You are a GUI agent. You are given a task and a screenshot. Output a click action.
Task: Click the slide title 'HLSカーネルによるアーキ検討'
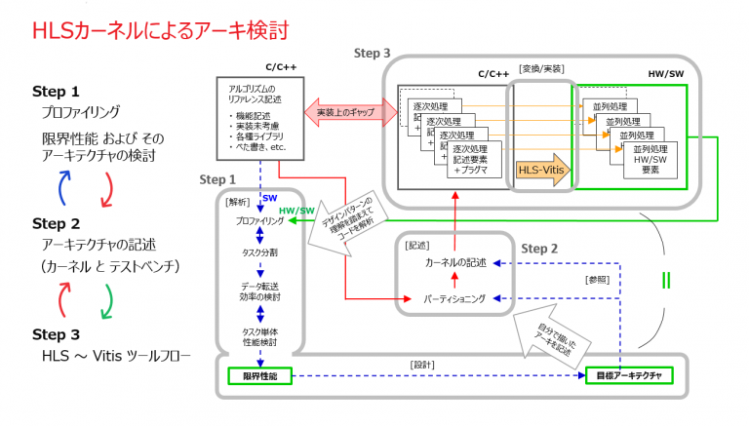[160, 31]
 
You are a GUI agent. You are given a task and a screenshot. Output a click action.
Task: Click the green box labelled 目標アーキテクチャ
[629, 376]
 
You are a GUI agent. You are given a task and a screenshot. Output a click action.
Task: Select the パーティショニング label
[453, 298]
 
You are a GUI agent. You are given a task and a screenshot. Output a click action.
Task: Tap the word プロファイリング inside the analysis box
[258, 221]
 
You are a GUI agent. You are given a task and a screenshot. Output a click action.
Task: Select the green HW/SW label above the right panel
[666, 73]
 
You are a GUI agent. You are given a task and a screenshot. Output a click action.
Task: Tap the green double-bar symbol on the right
[666, 281]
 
